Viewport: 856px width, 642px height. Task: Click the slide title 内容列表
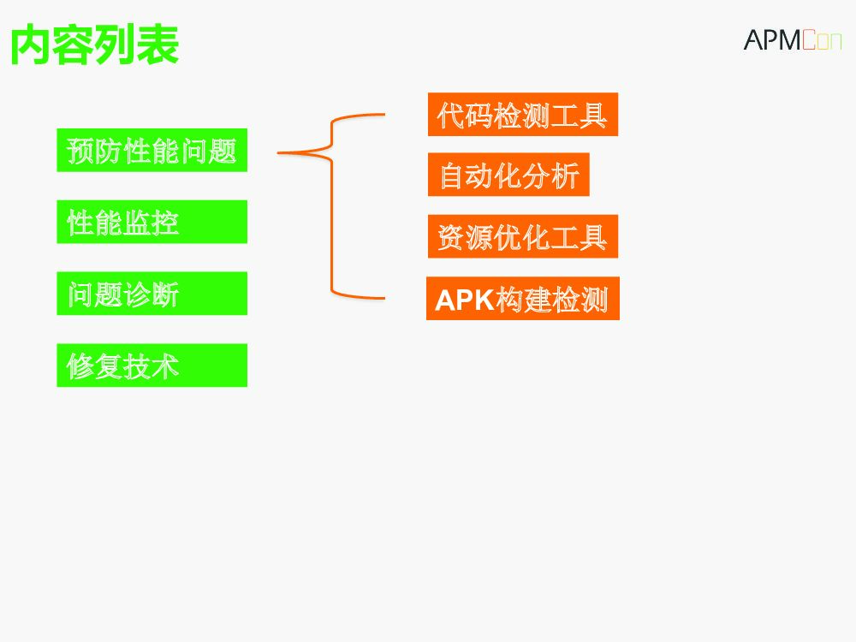[x=94, y=45]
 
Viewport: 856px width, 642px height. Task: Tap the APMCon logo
[x=792, y=39]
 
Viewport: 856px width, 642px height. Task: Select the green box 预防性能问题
[x=152, y=151]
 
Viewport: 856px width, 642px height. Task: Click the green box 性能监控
[x=152, y=223]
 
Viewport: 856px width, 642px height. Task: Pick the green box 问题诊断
[x=152, y=294]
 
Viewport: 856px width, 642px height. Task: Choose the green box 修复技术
[x=152, y=366]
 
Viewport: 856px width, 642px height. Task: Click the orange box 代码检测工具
[x=522, y=115]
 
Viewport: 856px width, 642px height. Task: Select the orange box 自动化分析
[x=508, y=175]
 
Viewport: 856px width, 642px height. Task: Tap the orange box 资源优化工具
[x=522, y=237]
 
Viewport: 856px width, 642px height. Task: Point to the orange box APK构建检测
[x=522, y=299]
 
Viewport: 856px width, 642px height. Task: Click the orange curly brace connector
[x=332, y=205]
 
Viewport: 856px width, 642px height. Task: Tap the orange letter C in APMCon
[x=810, y=40]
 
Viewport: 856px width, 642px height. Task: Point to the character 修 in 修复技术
[x=80, y=366]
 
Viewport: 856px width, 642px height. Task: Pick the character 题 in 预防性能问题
[x=222, y=152]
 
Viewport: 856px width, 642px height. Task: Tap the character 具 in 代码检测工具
[x=592, y=116]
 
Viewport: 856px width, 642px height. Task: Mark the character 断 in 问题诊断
[x=164, y=295]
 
